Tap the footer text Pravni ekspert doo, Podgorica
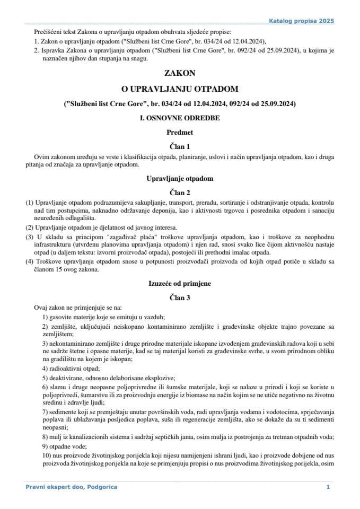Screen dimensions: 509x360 (x=72, y=487)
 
